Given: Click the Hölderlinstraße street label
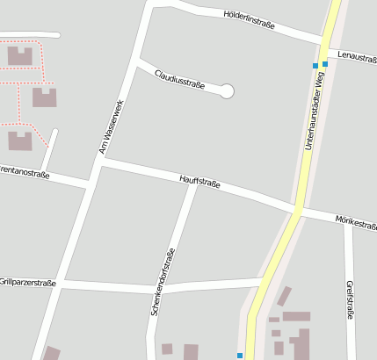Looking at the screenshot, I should (x=250, y=20).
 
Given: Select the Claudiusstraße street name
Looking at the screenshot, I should (x=179, y=79).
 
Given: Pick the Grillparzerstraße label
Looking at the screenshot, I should (x=27, y=283).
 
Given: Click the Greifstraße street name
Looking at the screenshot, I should (x=350, y=299).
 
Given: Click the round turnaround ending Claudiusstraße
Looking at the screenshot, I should (x=227, y=90).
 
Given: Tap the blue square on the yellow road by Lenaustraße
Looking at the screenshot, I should (x=325, y=63).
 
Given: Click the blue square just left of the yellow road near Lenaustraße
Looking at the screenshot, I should (x=315, y=66).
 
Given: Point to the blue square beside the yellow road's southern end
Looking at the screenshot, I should (x=239, y=355).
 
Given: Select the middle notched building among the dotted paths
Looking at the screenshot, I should (x=44, y=97).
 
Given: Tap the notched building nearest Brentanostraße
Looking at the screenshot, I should (x=20, y=140).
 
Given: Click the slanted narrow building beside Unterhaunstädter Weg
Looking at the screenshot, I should (x=284, y=296).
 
